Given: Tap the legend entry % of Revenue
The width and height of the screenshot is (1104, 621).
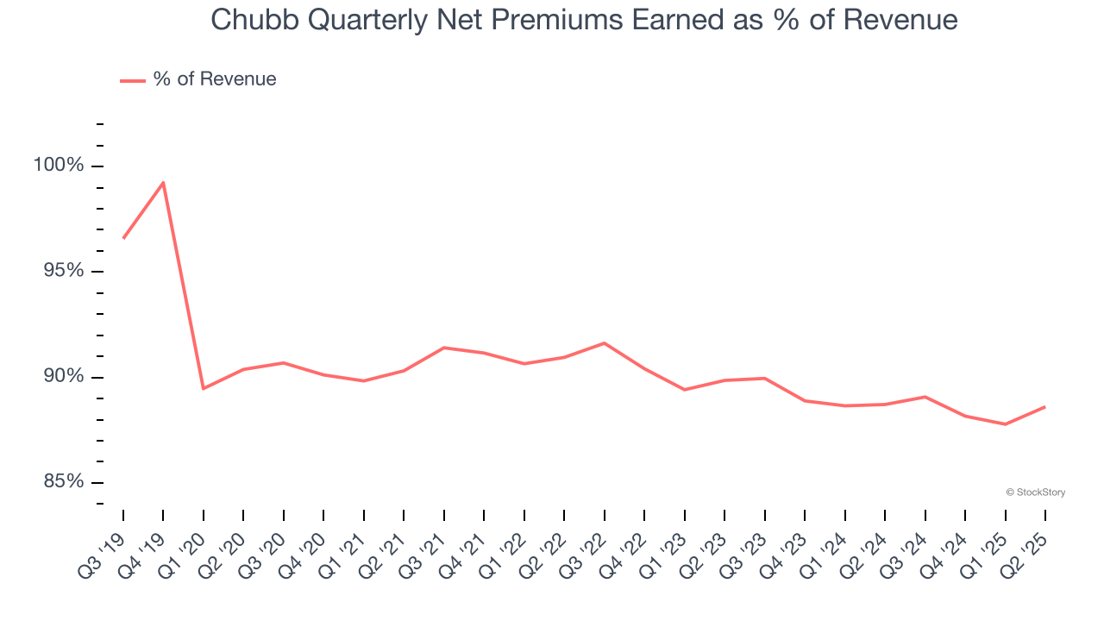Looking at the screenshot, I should click(214, 79).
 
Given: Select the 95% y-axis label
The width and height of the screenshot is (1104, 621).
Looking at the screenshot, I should click(63, 271).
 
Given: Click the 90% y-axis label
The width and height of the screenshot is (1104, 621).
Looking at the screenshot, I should click(63, 376).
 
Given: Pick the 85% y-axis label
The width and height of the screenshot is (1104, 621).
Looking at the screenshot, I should click(63, 481).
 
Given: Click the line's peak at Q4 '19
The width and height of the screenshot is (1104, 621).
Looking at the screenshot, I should click(163, 182).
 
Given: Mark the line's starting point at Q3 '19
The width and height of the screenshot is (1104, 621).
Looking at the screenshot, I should click(123, 238).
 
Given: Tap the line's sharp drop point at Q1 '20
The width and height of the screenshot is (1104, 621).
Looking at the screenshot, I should click(203, 389).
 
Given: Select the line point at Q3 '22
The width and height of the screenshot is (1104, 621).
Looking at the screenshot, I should click(604, 343).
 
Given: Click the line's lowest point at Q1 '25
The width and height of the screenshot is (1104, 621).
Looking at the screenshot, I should click(1005, 424).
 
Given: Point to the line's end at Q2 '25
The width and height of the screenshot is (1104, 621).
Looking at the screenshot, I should click(1044, 406).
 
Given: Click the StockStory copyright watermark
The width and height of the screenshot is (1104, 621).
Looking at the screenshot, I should click(1035, 492).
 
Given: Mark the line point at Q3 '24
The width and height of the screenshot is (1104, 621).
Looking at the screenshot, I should click(925, 397).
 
